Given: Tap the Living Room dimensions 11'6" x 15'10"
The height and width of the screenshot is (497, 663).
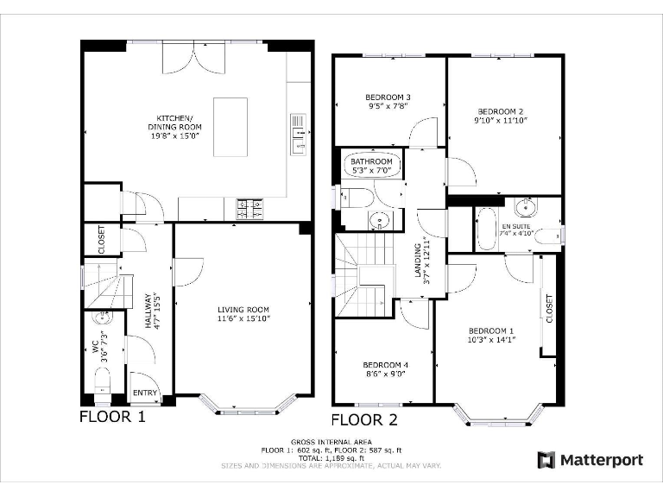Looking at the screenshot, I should [243, 319].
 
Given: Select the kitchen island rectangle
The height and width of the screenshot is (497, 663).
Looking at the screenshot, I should [230, 127].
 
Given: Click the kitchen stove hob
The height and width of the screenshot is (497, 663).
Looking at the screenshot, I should [249, 208].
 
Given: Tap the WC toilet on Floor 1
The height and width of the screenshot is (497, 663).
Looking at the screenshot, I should [102, 379].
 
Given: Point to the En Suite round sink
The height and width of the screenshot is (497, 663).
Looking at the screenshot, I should [525, 207].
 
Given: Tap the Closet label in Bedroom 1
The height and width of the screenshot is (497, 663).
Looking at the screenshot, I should [550, 308].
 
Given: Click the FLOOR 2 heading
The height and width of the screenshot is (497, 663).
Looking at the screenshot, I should [364, 420].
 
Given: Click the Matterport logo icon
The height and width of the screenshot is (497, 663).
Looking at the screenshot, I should [545, 459].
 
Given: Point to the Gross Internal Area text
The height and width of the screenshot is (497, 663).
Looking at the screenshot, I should [331, 442].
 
